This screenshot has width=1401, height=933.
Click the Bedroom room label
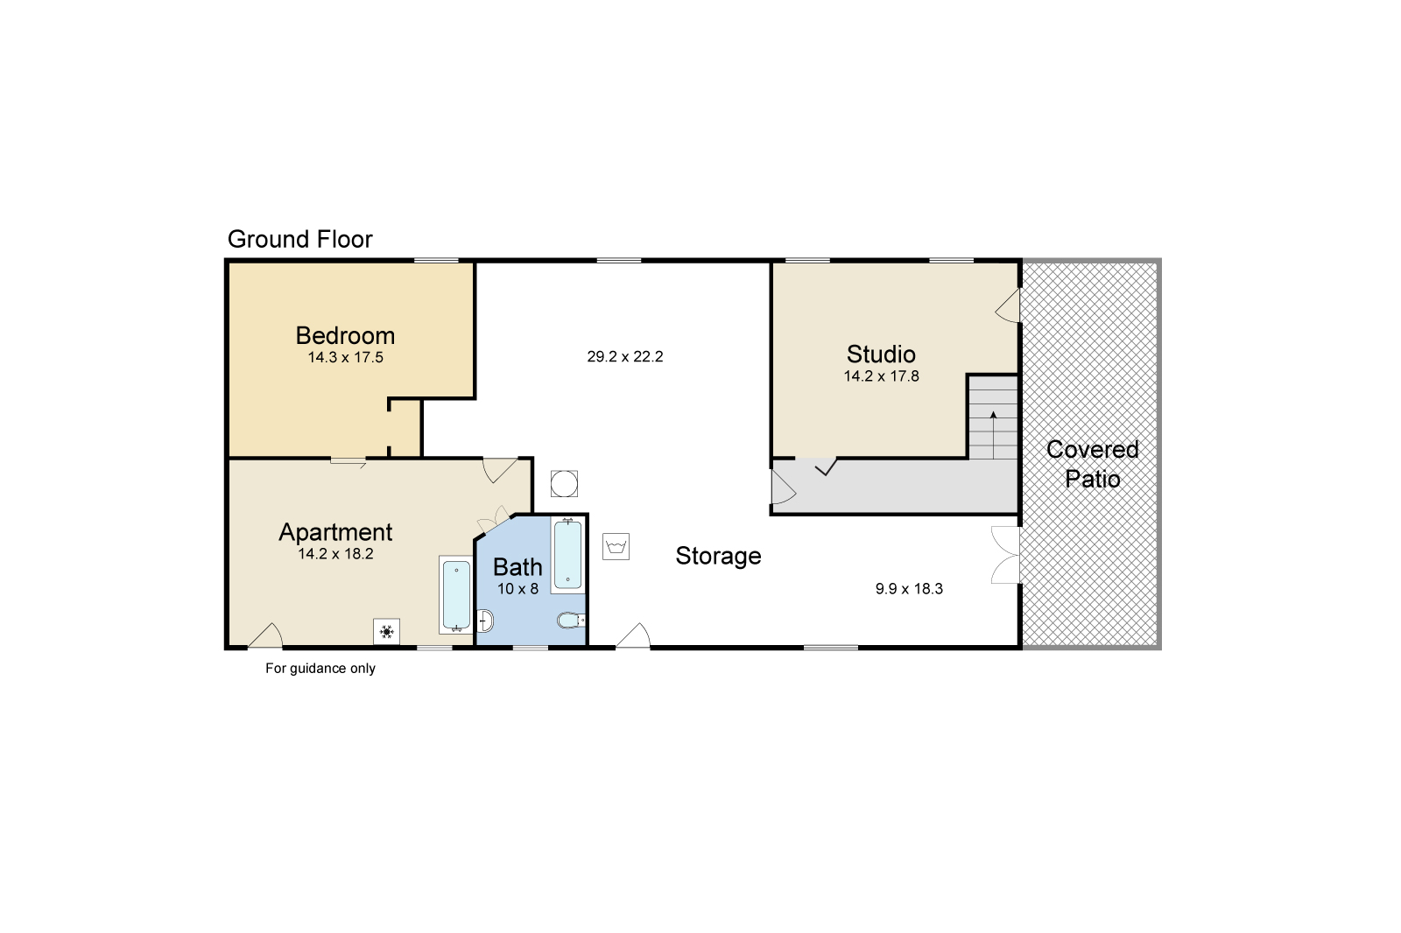tap(345, 335)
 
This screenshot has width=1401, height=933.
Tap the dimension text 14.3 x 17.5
tap(345, 358)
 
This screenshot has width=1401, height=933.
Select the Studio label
tap(881, 354)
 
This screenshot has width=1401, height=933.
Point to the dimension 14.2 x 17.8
tap(881, 377)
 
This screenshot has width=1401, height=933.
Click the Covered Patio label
tap(1092, 464)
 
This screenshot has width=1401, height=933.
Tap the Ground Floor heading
tap(299, 239)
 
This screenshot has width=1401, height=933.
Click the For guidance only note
tap(320, 669)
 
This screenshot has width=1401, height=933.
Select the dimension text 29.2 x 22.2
tap(624, 357)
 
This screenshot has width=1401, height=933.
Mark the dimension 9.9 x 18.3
tap(909, 589)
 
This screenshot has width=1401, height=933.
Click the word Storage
tap(718, 556)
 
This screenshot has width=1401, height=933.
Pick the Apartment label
tap(335, 531)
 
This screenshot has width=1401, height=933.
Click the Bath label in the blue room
tap(517, 566)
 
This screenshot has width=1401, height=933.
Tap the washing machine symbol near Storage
tap(616, 547)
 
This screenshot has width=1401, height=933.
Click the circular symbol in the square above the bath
tap(564, 483)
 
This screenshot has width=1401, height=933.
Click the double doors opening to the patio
tap(1007, 555)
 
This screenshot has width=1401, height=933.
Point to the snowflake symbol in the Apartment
tap(386, 631)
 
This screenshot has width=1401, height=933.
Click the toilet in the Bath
tap(570, 621)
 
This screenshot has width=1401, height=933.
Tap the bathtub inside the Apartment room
tap(455, 595)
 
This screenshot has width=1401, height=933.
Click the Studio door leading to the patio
tap(1010, 305)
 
